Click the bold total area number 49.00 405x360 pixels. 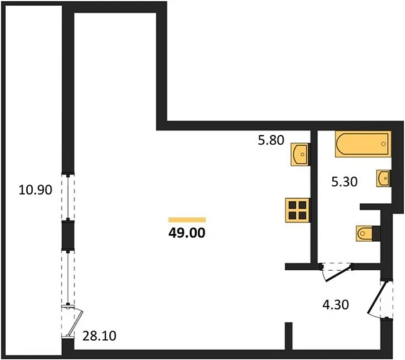(x=187, y=233)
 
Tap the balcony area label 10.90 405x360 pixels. (x=35, y=190)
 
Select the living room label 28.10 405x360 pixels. (x=100, y=336)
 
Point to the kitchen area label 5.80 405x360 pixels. (x=271, y=140)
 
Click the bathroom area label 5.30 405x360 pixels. (x=345, y=182)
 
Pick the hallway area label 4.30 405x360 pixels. (x=336, y=305)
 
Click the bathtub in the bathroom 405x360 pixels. (x=363, y=144)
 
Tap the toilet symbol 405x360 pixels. (x=364, y=234)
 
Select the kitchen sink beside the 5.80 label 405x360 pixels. (x=300, y=154)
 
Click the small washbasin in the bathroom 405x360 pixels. (x=383, y=178)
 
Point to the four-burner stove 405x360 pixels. (x=297, y=210)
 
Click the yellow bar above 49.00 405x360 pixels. (x=187, y=220)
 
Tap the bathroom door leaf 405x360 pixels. (x=339, y=273)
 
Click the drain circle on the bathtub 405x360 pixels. (x=384, y=144)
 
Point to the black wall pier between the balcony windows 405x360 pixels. (x=68, y=235)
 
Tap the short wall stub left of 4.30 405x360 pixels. (x=289, y=336)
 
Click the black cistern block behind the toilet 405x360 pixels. (x=377, y=234)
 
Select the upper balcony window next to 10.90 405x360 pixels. (x=68, y=197)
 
